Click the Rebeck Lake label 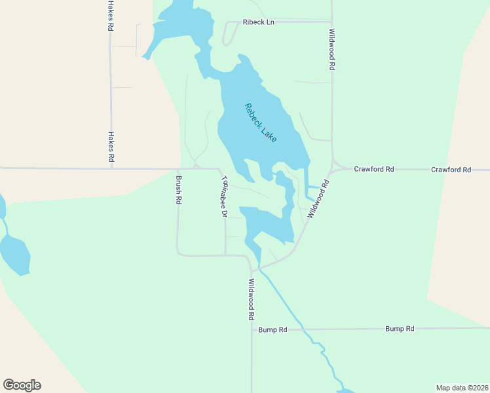[x=261, y=122]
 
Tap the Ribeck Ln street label [x=258, y=22]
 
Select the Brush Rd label [x=178, y=191]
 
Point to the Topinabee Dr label [x=223, y=196]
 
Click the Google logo [x=22, y=385]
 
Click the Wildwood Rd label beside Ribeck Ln [x=333, y=50]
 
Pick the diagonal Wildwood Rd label [x=317, y=199]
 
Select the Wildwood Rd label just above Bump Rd [x=251, y=299]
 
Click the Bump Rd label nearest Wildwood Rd [x=273, y=329]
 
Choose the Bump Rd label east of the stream [x=400, y=328]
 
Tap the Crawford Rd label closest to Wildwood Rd [x=373, y=169]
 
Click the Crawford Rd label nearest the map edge [x=451, y=170]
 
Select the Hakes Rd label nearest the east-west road [x=111, y=147]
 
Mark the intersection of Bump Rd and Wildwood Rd [x=252, y=329]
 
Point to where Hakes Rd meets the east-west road [x=111, y=168]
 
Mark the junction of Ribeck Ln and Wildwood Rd [x=331, y=22]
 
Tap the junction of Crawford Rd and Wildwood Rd [x=333, y=169]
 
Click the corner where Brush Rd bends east [x=178, y=253]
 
